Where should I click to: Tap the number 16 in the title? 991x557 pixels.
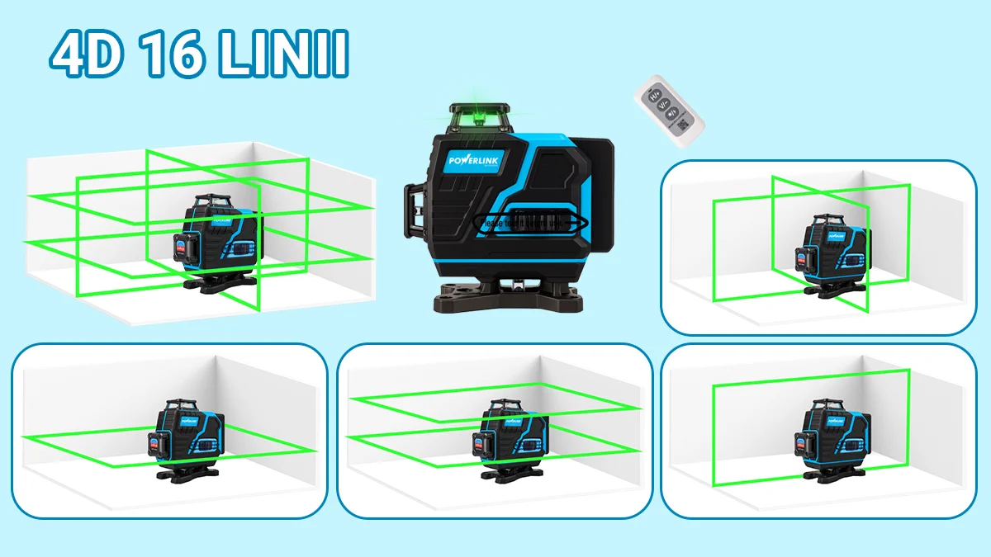[x=173, y=55]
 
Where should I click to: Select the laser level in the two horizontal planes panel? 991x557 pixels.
[x=510, y=438]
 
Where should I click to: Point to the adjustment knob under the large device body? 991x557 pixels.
[x=513, y=286]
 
